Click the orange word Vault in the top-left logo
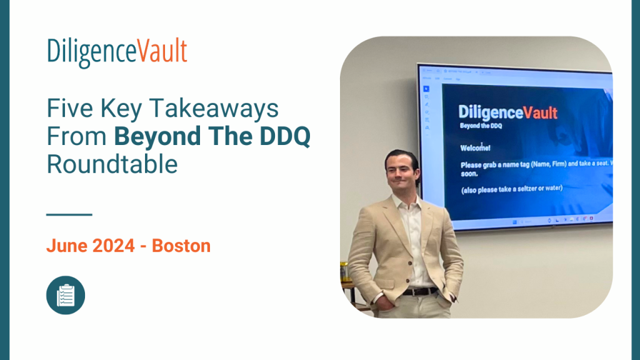(x=162, y=52)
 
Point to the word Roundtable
(x=112, y=164)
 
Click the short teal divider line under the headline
(x=69, y=214)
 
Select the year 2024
(x=114, y=246)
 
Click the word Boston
(x=181, y=246)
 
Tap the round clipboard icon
(x=66, y=295)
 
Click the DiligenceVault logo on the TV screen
(x=507, y=112)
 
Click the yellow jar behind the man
(x=343, y=271)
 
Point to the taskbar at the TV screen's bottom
(x=550, y=219)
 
